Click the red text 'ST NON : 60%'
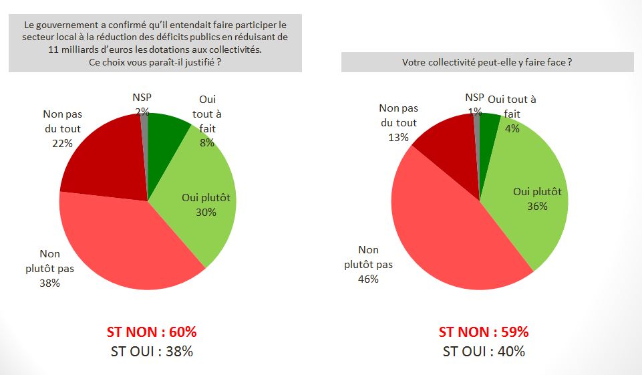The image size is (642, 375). coord(152,332)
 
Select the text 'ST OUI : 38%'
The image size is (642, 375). coord(152,352)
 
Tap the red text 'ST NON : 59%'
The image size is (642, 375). coord(483,332)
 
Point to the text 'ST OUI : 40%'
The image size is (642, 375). coord(483,352)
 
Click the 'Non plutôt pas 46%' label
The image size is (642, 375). coord(368,264)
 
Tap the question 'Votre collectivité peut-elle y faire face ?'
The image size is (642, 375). coord(487,62)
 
